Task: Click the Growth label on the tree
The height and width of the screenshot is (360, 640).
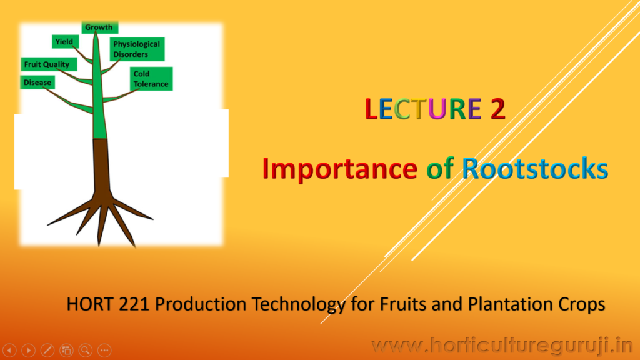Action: (x=99, y=27)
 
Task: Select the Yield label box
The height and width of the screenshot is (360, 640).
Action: (x=65, y=42)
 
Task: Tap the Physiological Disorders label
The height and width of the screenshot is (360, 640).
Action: (x=137, y=49)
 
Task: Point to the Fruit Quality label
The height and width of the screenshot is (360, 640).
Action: (x=49, y=64)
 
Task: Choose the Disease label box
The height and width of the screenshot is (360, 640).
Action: (x=37, y=82)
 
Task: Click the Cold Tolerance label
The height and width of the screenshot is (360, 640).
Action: (x=151, y=79)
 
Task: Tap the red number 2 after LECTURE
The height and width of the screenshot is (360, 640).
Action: (x=498, y=109)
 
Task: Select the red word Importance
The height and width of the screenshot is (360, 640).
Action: (x=339, y=168)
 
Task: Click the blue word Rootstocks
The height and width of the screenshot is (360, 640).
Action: (x=535, y=168)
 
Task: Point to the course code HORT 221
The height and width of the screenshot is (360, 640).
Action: (x=108, y=304)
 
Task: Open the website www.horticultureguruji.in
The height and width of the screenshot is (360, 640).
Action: (x=502, y=346)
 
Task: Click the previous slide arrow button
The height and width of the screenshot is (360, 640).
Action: (x=9, y=350)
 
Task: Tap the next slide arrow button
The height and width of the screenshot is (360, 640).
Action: (x=29, y=350)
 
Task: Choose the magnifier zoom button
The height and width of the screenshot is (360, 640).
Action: (x=85, y=350)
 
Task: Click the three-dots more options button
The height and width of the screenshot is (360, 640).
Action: (x=104, y=350)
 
